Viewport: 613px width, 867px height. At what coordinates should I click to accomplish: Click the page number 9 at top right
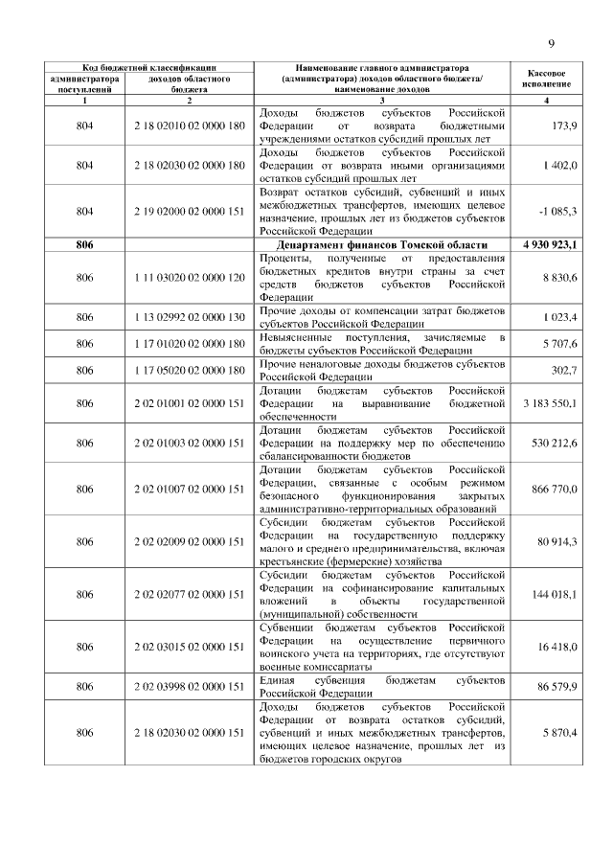coord(552,42)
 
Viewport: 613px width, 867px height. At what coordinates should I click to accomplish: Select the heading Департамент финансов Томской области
coord(382,246)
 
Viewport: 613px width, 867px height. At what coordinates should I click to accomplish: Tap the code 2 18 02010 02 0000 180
coord(190,126)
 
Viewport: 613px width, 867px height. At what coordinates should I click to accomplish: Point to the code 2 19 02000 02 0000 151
coord(190,210)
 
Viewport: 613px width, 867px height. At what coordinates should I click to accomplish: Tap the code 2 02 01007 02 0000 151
coord(190,490)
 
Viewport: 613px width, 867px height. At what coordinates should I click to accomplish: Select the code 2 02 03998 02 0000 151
coord(190,687)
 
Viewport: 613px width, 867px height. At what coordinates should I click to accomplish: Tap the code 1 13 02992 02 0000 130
coord(190,317)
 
